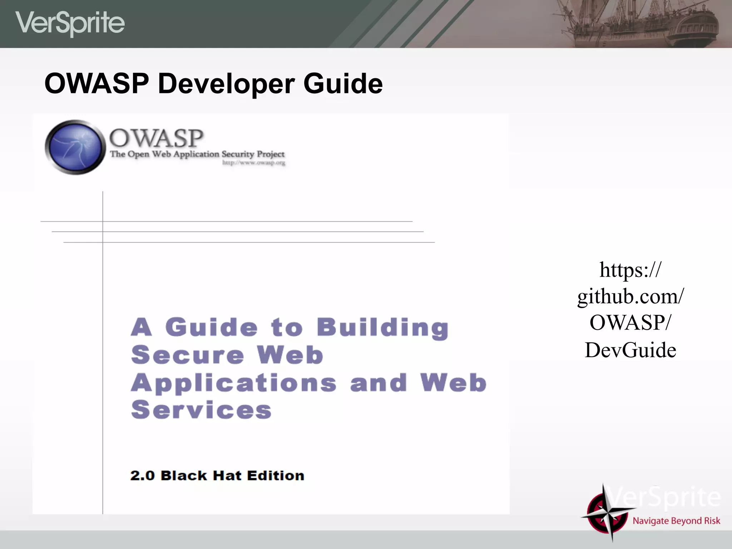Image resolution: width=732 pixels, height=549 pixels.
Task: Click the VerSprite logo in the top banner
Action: point(70,23)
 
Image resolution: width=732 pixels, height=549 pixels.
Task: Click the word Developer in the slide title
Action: point(226,84)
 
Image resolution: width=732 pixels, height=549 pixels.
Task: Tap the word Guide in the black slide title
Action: point(343,84)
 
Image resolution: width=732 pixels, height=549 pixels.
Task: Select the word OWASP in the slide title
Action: point(97,84)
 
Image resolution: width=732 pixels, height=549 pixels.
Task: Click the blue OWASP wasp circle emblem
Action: point(75,147)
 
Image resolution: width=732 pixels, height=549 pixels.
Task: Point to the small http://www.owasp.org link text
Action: point(254,163)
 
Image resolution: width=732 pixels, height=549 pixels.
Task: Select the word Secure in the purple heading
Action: point(187,355)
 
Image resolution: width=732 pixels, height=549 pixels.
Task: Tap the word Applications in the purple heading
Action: point(234,383)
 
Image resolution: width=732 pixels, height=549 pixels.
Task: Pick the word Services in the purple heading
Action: point(201,410)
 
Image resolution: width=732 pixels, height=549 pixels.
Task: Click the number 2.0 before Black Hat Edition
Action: point(142,476)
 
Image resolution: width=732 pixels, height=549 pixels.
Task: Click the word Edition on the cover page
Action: point(276,476)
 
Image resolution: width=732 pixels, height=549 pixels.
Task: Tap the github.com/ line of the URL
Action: point(630,297)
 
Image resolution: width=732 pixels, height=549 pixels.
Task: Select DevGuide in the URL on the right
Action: point(630,350)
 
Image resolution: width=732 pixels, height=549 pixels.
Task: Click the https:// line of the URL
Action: point(630,270)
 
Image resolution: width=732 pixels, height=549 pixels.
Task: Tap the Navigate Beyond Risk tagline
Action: point(676,521)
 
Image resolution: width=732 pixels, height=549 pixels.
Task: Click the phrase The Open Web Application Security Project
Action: point(197,154)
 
